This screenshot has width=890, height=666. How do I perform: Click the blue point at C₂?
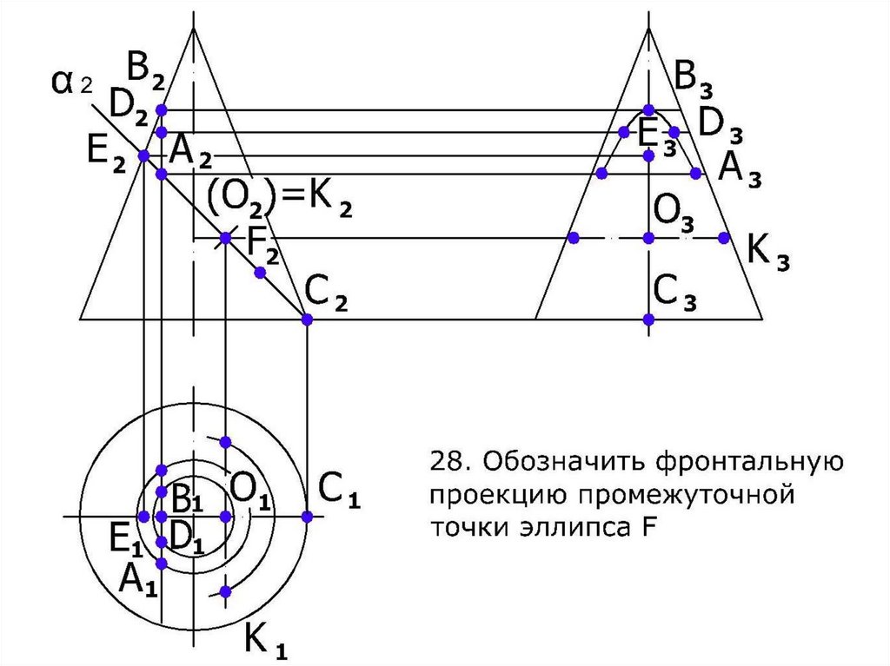coord(306,320)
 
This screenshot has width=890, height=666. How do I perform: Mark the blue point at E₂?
coord(144,156)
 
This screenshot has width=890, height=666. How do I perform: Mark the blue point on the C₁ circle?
coord(306,517)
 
